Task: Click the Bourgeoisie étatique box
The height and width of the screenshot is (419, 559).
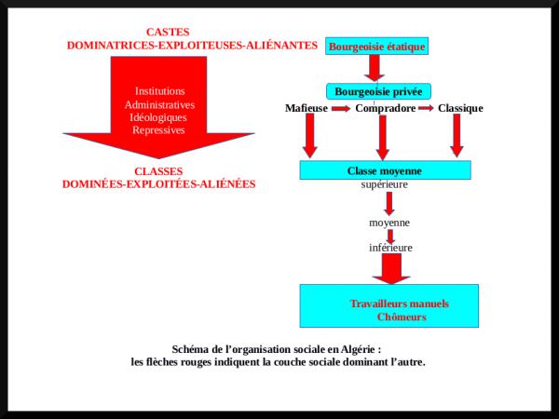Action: (376, 46)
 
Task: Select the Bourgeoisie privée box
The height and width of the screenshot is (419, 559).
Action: (377, 91)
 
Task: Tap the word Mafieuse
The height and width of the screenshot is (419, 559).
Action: (307, 108)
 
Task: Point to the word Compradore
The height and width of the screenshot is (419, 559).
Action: (385, 108)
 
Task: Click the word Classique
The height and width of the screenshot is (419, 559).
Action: (460, 108)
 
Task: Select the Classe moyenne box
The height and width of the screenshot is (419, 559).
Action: (385, 170)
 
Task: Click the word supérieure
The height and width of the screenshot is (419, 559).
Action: (385, 184)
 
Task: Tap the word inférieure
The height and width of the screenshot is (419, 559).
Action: (390, 248)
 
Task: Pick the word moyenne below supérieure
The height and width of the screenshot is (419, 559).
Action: (389, 223)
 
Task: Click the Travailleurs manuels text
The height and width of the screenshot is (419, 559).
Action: (399, 304)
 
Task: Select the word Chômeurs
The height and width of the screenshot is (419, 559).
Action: (402, 318)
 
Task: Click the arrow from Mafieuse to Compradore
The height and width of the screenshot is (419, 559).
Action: (341, 108)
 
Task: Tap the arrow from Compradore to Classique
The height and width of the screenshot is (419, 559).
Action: (426, 108)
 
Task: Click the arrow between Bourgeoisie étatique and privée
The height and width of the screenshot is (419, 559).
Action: (375, 68)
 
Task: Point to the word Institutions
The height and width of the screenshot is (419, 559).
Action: (159, 91)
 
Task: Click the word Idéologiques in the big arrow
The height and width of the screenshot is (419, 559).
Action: (158, 117)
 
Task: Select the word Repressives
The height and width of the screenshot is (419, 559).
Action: (158, 130)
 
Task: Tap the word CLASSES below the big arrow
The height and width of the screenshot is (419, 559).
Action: (158, 171)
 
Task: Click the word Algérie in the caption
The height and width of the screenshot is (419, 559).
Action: (357, 349)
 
